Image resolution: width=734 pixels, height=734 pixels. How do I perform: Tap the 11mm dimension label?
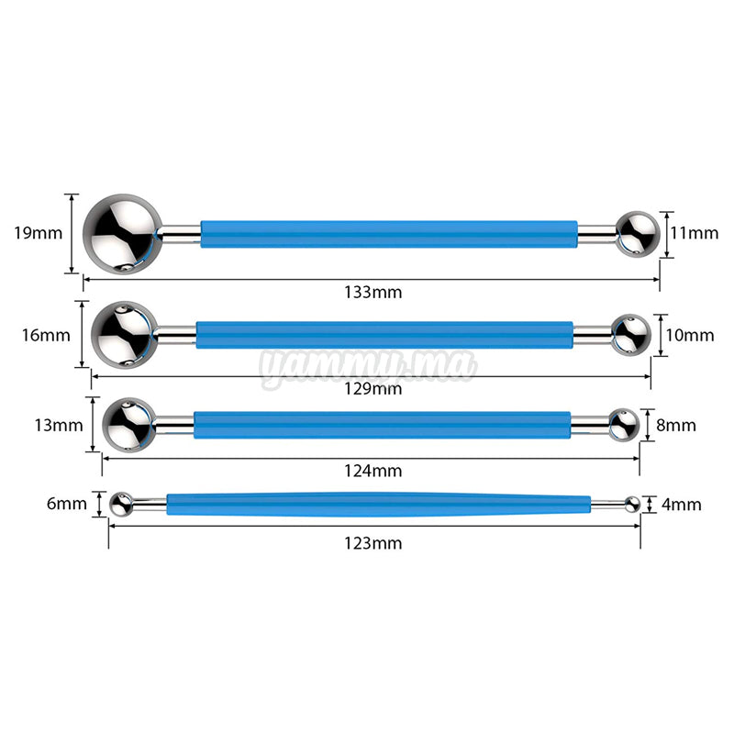coord(694,233)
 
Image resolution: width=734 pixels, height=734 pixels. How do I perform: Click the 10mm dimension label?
coord(689,335)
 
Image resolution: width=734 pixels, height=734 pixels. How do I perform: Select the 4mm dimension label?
coord(680,504)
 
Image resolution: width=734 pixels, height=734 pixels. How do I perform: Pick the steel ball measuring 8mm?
coord(623,424)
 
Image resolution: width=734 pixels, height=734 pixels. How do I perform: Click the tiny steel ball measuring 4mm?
coord(631,503)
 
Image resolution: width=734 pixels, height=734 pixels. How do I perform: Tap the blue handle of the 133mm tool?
coord(389,234)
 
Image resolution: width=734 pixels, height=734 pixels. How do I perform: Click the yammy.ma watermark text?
coord(368,366)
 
